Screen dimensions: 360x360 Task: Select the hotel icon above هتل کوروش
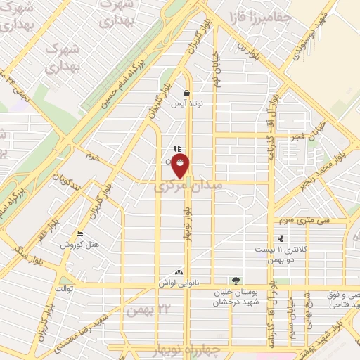79,233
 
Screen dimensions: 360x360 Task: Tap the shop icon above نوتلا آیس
186,93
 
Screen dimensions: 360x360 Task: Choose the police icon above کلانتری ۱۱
281,238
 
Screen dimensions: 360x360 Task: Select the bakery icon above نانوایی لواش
179,271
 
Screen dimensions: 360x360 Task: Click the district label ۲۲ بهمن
145,310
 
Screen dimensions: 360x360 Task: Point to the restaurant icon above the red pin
177,148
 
